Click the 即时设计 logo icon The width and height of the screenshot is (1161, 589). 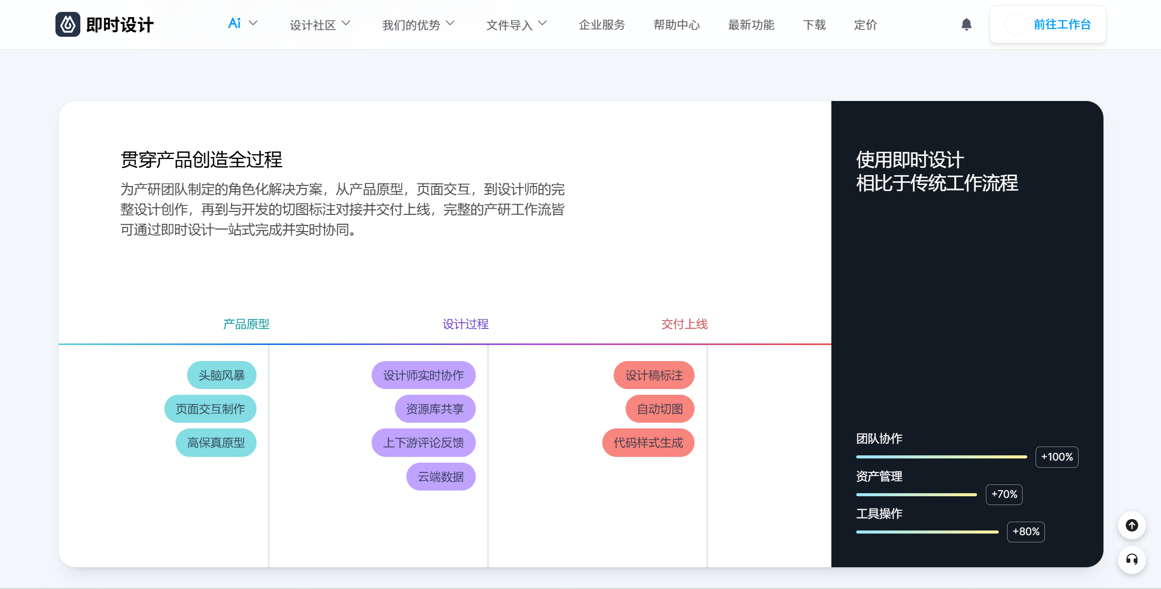[68, 24]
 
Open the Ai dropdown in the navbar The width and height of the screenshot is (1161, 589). [243, 24]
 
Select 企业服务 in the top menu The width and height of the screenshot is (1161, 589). [602, 25]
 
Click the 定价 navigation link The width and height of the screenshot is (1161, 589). [866, 25]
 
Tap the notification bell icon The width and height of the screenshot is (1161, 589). [967, 24]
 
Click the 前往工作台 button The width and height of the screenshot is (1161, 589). [1048, 24]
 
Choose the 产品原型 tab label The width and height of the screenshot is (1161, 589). [246, 324]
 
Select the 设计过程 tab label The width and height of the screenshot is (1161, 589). [465, 324]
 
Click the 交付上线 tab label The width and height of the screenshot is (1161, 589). [685, 324]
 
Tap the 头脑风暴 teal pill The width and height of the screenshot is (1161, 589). [222, 375]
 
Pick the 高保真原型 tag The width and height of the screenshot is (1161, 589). [216, 443]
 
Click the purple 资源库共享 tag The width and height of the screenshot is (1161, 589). [435, 409]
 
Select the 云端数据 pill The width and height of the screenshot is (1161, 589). [441, 477]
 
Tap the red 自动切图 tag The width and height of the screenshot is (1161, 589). [660, 409]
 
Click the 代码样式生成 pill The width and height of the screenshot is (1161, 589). [648, 443]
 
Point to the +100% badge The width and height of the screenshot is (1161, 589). [1057, 457]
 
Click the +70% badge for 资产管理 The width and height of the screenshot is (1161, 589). [1004, 494]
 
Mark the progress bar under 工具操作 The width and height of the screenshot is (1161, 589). [927, 532]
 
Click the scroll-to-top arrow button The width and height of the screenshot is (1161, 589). [1132, 525]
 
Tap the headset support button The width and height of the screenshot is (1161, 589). [1132, 559]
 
